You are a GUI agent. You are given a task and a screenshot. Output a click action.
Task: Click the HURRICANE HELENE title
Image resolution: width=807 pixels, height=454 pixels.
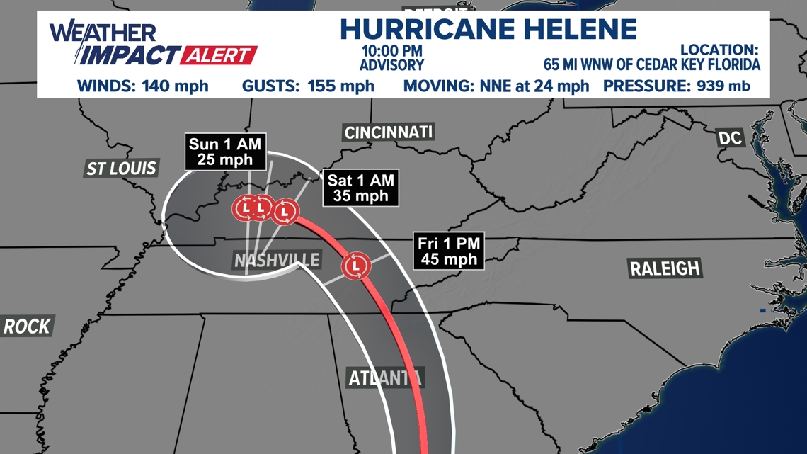point(488,29)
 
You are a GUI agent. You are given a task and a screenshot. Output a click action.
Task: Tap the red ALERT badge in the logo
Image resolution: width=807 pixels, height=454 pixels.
point(219,55)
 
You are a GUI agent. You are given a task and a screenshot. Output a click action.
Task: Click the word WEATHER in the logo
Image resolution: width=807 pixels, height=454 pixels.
point(102,32)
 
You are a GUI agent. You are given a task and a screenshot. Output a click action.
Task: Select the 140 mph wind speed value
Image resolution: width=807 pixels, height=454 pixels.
point(176,86)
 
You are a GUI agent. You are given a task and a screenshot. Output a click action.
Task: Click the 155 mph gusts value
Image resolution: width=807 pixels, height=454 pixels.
point(341,86)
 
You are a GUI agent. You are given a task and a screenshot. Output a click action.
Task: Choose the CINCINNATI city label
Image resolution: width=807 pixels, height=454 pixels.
point(388,132)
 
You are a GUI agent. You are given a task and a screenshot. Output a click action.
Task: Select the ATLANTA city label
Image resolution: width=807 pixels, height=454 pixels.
point(385,378)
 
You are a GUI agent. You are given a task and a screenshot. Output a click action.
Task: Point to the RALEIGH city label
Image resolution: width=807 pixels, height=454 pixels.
point(665,268)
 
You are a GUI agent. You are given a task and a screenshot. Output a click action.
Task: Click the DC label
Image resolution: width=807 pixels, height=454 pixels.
point(730,137)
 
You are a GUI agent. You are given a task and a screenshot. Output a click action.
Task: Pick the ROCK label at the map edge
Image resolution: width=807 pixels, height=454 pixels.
point(27,327)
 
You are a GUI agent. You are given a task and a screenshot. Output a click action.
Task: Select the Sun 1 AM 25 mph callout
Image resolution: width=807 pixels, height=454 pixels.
point(225,152)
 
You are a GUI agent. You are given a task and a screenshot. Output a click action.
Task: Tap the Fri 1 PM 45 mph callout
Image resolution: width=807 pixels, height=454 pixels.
point(449,251)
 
